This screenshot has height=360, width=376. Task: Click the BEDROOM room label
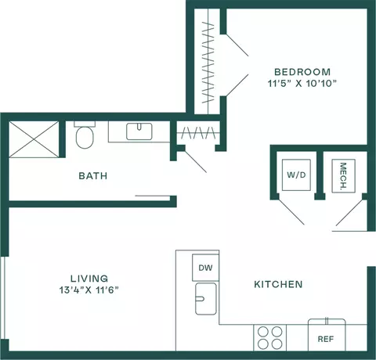tap(302, 72)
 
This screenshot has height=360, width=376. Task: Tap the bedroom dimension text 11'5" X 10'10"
tap(302, 84)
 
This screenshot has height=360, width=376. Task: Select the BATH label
tap(93, 176)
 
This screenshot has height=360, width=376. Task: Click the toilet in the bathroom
tap(85, 135)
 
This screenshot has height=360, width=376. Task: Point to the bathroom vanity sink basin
tap(139, 131)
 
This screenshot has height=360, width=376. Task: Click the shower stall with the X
tap(34, 139)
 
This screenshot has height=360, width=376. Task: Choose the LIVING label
tap(89, 279)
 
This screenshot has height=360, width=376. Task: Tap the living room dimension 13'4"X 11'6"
tap(89, 290)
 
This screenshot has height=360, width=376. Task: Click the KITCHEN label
tap(278, 284)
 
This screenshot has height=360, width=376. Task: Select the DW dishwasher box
tap(205, 268)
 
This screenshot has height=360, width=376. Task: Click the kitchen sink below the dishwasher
tap(206, 299)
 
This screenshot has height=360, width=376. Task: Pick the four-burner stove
tap(269, 338)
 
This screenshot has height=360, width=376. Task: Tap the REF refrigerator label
tap(326, 339)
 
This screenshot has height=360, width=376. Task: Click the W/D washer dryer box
tap(296, 175)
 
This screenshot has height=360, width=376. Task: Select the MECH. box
tap(343, 176)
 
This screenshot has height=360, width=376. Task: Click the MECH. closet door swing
tap(349, 212)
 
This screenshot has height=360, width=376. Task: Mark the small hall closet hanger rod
tap(198, 133)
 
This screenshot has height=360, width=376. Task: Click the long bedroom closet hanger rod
tap(208, 62)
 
